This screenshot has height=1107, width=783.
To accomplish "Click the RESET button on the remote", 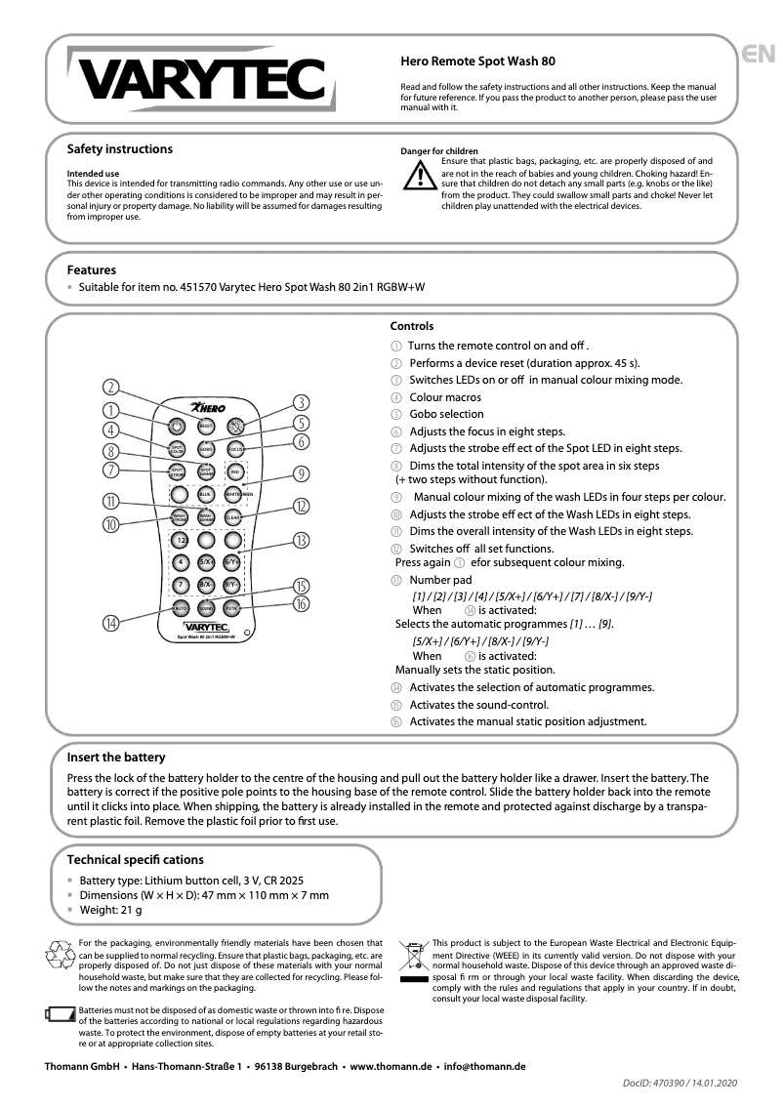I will tap(206, 426).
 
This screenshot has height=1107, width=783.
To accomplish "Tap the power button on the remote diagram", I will tap(177, 426).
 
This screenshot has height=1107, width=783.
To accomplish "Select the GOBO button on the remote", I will tap(206, 449).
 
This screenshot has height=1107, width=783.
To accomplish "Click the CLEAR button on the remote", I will tap(233, 517).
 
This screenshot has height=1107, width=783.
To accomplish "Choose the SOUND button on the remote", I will tap(206, 608).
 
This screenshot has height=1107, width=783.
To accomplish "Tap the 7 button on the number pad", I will tap(180, 585).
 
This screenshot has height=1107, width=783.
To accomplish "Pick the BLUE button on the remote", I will tap(206, 495).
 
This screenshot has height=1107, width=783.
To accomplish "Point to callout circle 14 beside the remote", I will tap(113, 623).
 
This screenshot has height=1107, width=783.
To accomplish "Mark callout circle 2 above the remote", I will tap(113, 387).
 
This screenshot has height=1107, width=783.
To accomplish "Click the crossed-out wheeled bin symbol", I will tap(414, 955).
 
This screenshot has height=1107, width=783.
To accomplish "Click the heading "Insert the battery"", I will tap(115, 758).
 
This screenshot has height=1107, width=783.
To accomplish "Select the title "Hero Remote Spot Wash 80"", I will tap(477, 61).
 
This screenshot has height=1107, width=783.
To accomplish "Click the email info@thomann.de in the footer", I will tap(484, 1067).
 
